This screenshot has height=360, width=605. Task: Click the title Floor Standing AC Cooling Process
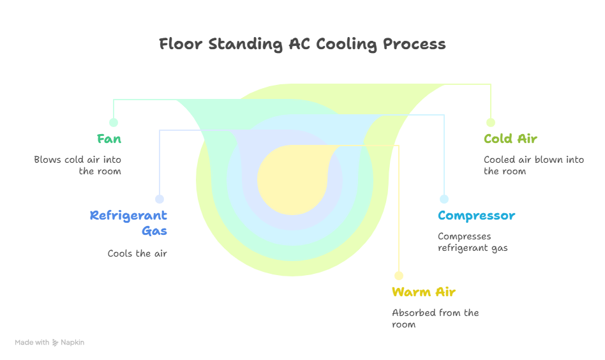(x=302, y=44)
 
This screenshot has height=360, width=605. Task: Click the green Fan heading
(x=109, y=139)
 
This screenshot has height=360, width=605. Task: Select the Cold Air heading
(x=511, y=139)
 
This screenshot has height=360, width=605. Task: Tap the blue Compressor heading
(x=476, y=216)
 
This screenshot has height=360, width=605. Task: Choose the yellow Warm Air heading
(x=424, y=292)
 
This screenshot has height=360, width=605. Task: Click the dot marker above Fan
(x=114, y=123)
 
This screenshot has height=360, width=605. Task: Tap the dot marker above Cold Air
(x=490, y=123)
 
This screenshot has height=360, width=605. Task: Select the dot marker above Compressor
(x=444, y=199)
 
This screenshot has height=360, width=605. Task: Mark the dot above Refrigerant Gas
(x=160, y=199)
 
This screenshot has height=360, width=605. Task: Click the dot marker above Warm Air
(x=399, y=276)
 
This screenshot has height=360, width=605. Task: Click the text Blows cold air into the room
(x=78, y=165)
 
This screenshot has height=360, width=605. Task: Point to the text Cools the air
(x=137, y=253)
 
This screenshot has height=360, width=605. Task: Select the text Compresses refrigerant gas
(x=472, y=242)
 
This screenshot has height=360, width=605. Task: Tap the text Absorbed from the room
(x=435, y=319)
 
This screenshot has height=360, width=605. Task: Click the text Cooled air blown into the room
(x=534, y=165)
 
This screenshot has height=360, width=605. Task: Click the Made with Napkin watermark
(x=50, y=343)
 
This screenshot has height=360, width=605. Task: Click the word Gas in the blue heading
(x=154, y=230)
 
